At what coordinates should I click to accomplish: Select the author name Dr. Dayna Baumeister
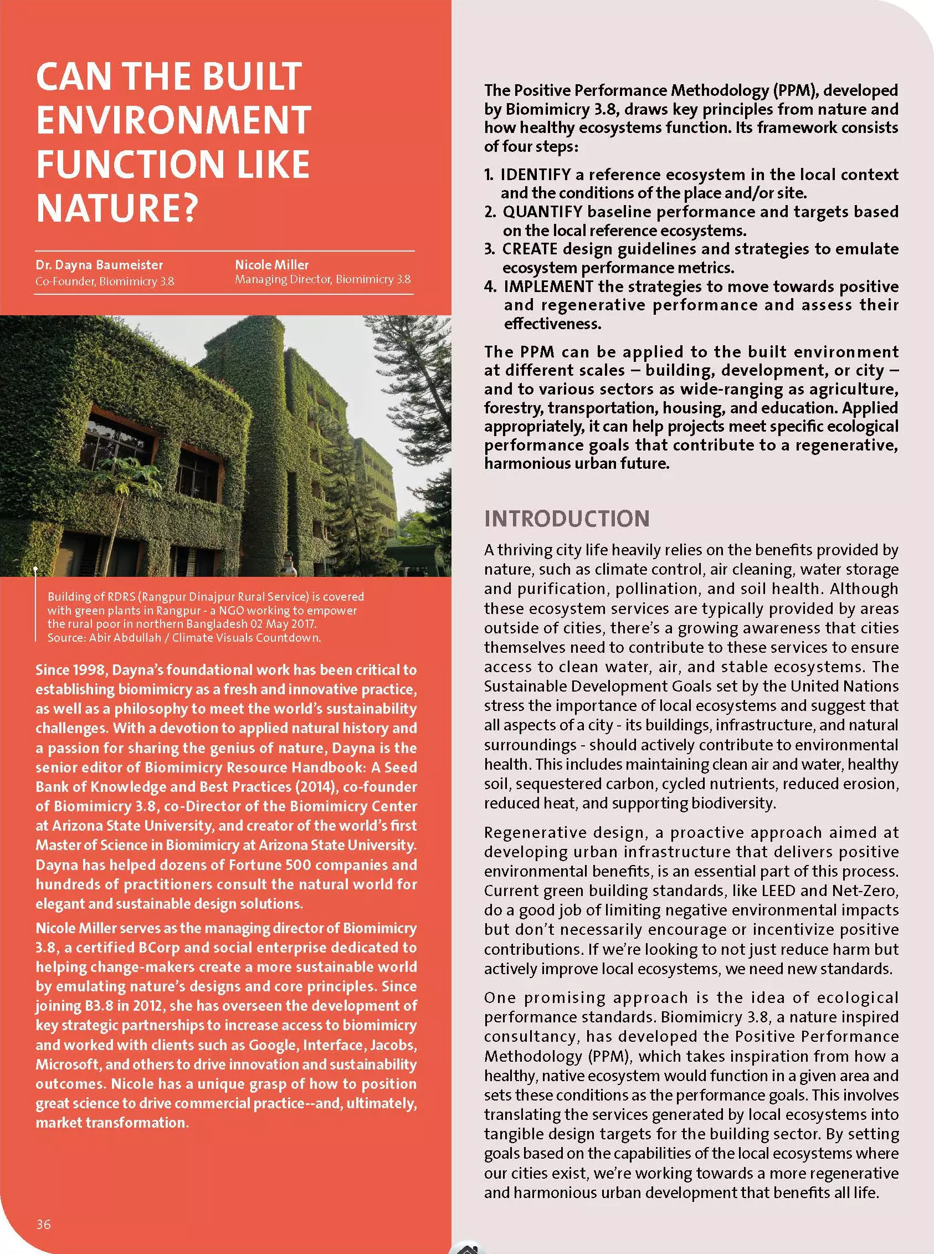click(99, 264)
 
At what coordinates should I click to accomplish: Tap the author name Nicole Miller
click(272, 264)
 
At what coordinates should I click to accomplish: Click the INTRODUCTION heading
click(567, 519)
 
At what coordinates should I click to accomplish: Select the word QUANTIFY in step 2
click(542, 212)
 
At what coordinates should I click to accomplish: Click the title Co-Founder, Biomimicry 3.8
click(105, 281)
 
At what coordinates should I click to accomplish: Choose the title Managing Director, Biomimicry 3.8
click(323, 279)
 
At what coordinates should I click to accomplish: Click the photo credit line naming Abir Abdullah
click(184, 638)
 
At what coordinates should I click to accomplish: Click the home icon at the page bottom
click(467, 1248)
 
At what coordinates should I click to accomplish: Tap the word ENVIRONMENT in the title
click(173, 120)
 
